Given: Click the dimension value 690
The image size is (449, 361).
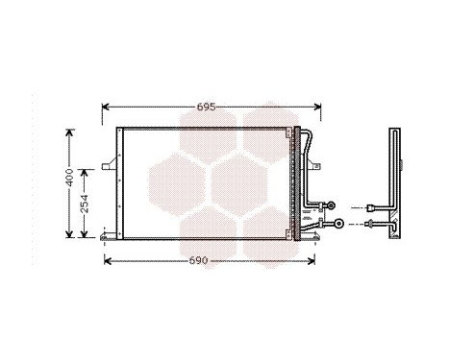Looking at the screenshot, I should tap(198, 260).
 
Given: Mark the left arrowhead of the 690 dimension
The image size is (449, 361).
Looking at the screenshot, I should tap(106, 260).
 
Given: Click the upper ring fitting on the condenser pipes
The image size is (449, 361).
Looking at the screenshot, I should tap(332, 205).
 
